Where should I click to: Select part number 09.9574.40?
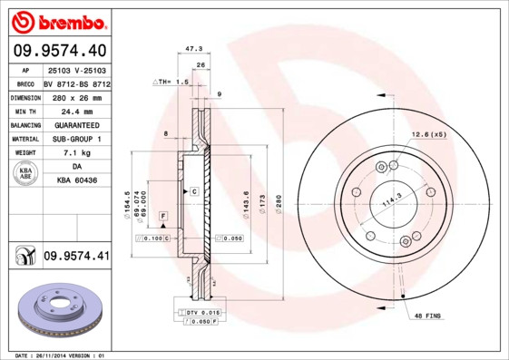tap(60, 49)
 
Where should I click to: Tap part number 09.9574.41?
tap(76, 257)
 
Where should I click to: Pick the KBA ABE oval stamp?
tap(25, 174)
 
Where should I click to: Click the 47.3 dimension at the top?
tap(192, 49)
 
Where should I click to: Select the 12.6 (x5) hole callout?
tap(429, 134)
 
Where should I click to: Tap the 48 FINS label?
tap(427, 315)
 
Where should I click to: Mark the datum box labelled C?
tap(193, 192)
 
